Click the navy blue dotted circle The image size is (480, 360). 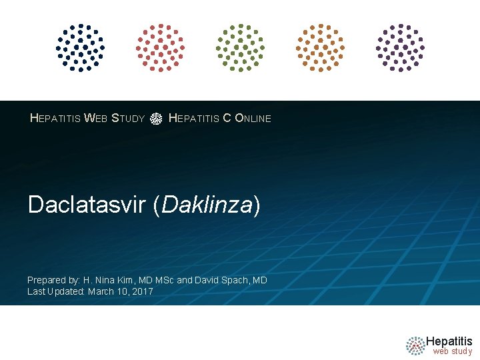[x=80, y=47]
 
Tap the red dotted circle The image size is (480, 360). [x=160, y=47]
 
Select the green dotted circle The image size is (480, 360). [x=240, y=47]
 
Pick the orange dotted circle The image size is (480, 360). [x=320, y=47]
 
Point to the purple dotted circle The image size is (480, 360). [x=400, y=47]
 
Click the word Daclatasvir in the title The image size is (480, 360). [x=87, y=205]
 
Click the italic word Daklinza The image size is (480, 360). [x=207, y=205]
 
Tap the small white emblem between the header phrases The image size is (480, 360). [x=156, y=119]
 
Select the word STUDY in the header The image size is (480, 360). [x=128, y=119]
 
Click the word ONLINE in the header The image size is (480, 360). [x=253, y=119]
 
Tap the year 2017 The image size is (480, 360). [x=142, y=291]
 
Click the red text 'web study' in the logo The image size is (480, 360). [x=452, y=351]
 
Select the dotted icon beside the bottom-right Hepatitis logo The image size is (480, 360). [x=415, y=345]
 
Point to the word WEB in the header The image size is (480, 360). [x=95, y=119]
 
